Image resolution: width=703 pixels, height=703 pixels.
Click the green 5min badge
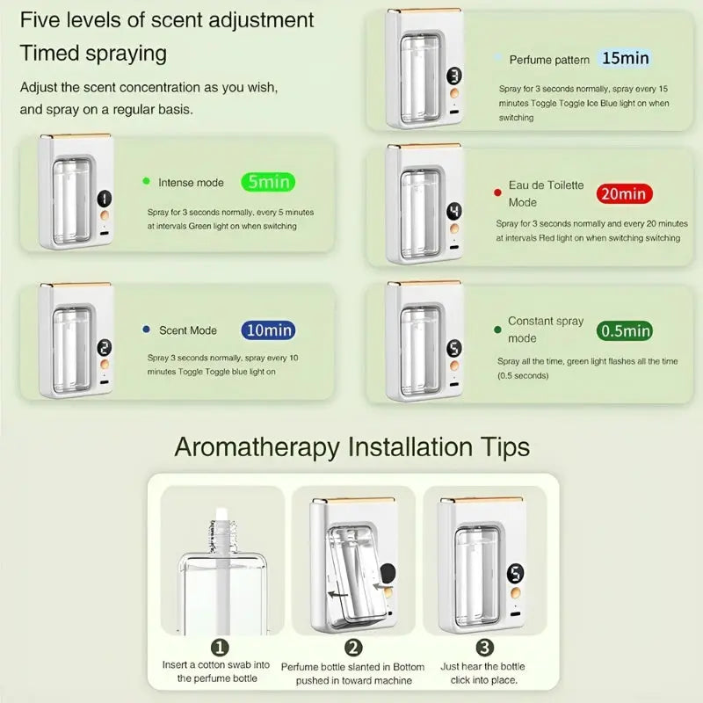click(268, 182)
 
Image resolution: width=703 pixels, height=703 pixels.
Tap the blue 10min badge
click(268, 330)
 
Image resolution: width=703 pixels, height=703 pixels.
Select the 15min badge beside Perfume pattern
click(625, 58)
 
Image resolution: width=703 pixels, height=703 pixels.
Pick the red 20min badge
click(624, 193)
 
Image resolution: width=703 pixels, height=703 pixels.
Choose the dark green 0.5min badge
click(625, 331)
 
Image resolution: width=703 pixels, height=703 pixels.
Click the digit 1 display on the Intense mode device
click(105, 199)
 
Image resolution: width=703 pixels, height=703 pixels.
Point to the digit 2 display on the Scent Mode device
click(105, 347)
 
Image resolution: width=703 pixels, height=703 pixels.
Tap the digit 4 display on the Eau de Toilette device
click(453, 211)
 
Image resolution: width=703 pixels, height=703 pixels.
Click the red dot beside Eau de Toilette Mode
click(497, 192)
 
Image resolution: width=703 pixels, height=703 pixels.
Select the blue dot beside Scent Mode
click(146, 329)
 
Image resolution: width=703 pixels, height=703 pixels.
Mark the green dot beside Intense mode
click(146, 181)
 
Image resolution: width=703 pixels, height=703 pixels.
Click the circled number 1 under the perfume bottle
click(220, 648)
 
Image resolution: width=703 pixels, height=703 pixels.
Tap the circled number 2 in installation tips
click(353, 648)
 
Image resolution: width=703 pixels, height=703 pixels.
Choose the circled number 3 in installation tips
click(485, 648)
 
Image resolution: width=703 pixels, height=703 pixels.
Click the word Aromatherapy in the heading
click(257, 447)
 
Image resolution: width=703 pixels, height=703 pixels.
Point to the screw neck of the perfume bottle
click(223, 536)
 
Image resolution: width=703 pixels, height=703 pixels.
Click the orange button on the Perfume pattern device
click(454, 93)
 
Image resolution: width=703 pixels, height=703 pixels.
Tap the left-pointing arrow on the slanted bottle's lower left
click(338, 595)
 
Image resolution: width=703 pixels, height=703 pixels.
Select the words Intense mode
click(191, 183)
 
